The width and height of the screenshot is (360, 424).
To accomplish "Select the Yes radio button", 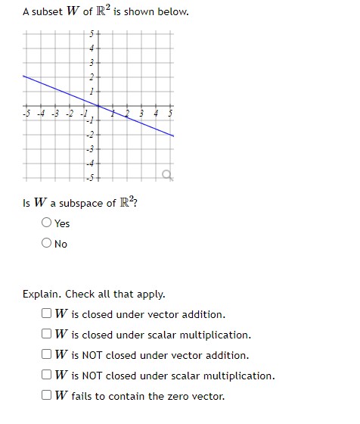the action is coord(48,223).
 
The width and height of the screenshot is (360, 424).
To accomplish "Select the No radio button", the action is coord(48,243).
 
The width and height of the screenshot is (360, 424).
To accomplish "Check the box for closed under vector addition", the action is coord(48,314).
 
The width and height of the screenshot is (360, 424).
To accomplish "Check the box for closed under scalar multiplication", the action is coord(48,335).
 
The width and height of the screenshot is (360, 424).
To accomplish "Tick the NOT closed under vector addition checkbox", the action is coord(48,355).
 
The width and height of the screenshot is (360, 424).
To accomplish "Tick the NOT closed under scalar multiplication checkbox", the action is coord(48,376).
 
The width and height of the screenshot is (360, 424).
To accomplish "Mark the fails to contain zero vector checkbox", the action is coord(48,396).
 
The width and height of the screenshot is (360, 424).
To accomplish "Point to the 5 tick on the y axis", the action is coord(92,34).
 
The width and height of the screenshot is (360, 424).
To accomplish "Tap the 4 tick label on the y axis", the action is coord(92,48).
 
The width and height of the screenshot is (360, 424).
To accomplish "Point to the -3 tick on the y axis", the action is coord(91,149).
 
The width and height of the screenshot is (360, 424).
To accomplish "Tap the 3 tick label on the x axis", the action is coord(141,115).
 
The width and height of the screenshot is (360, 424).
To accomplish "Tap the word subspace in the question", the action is coord(79,203).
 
